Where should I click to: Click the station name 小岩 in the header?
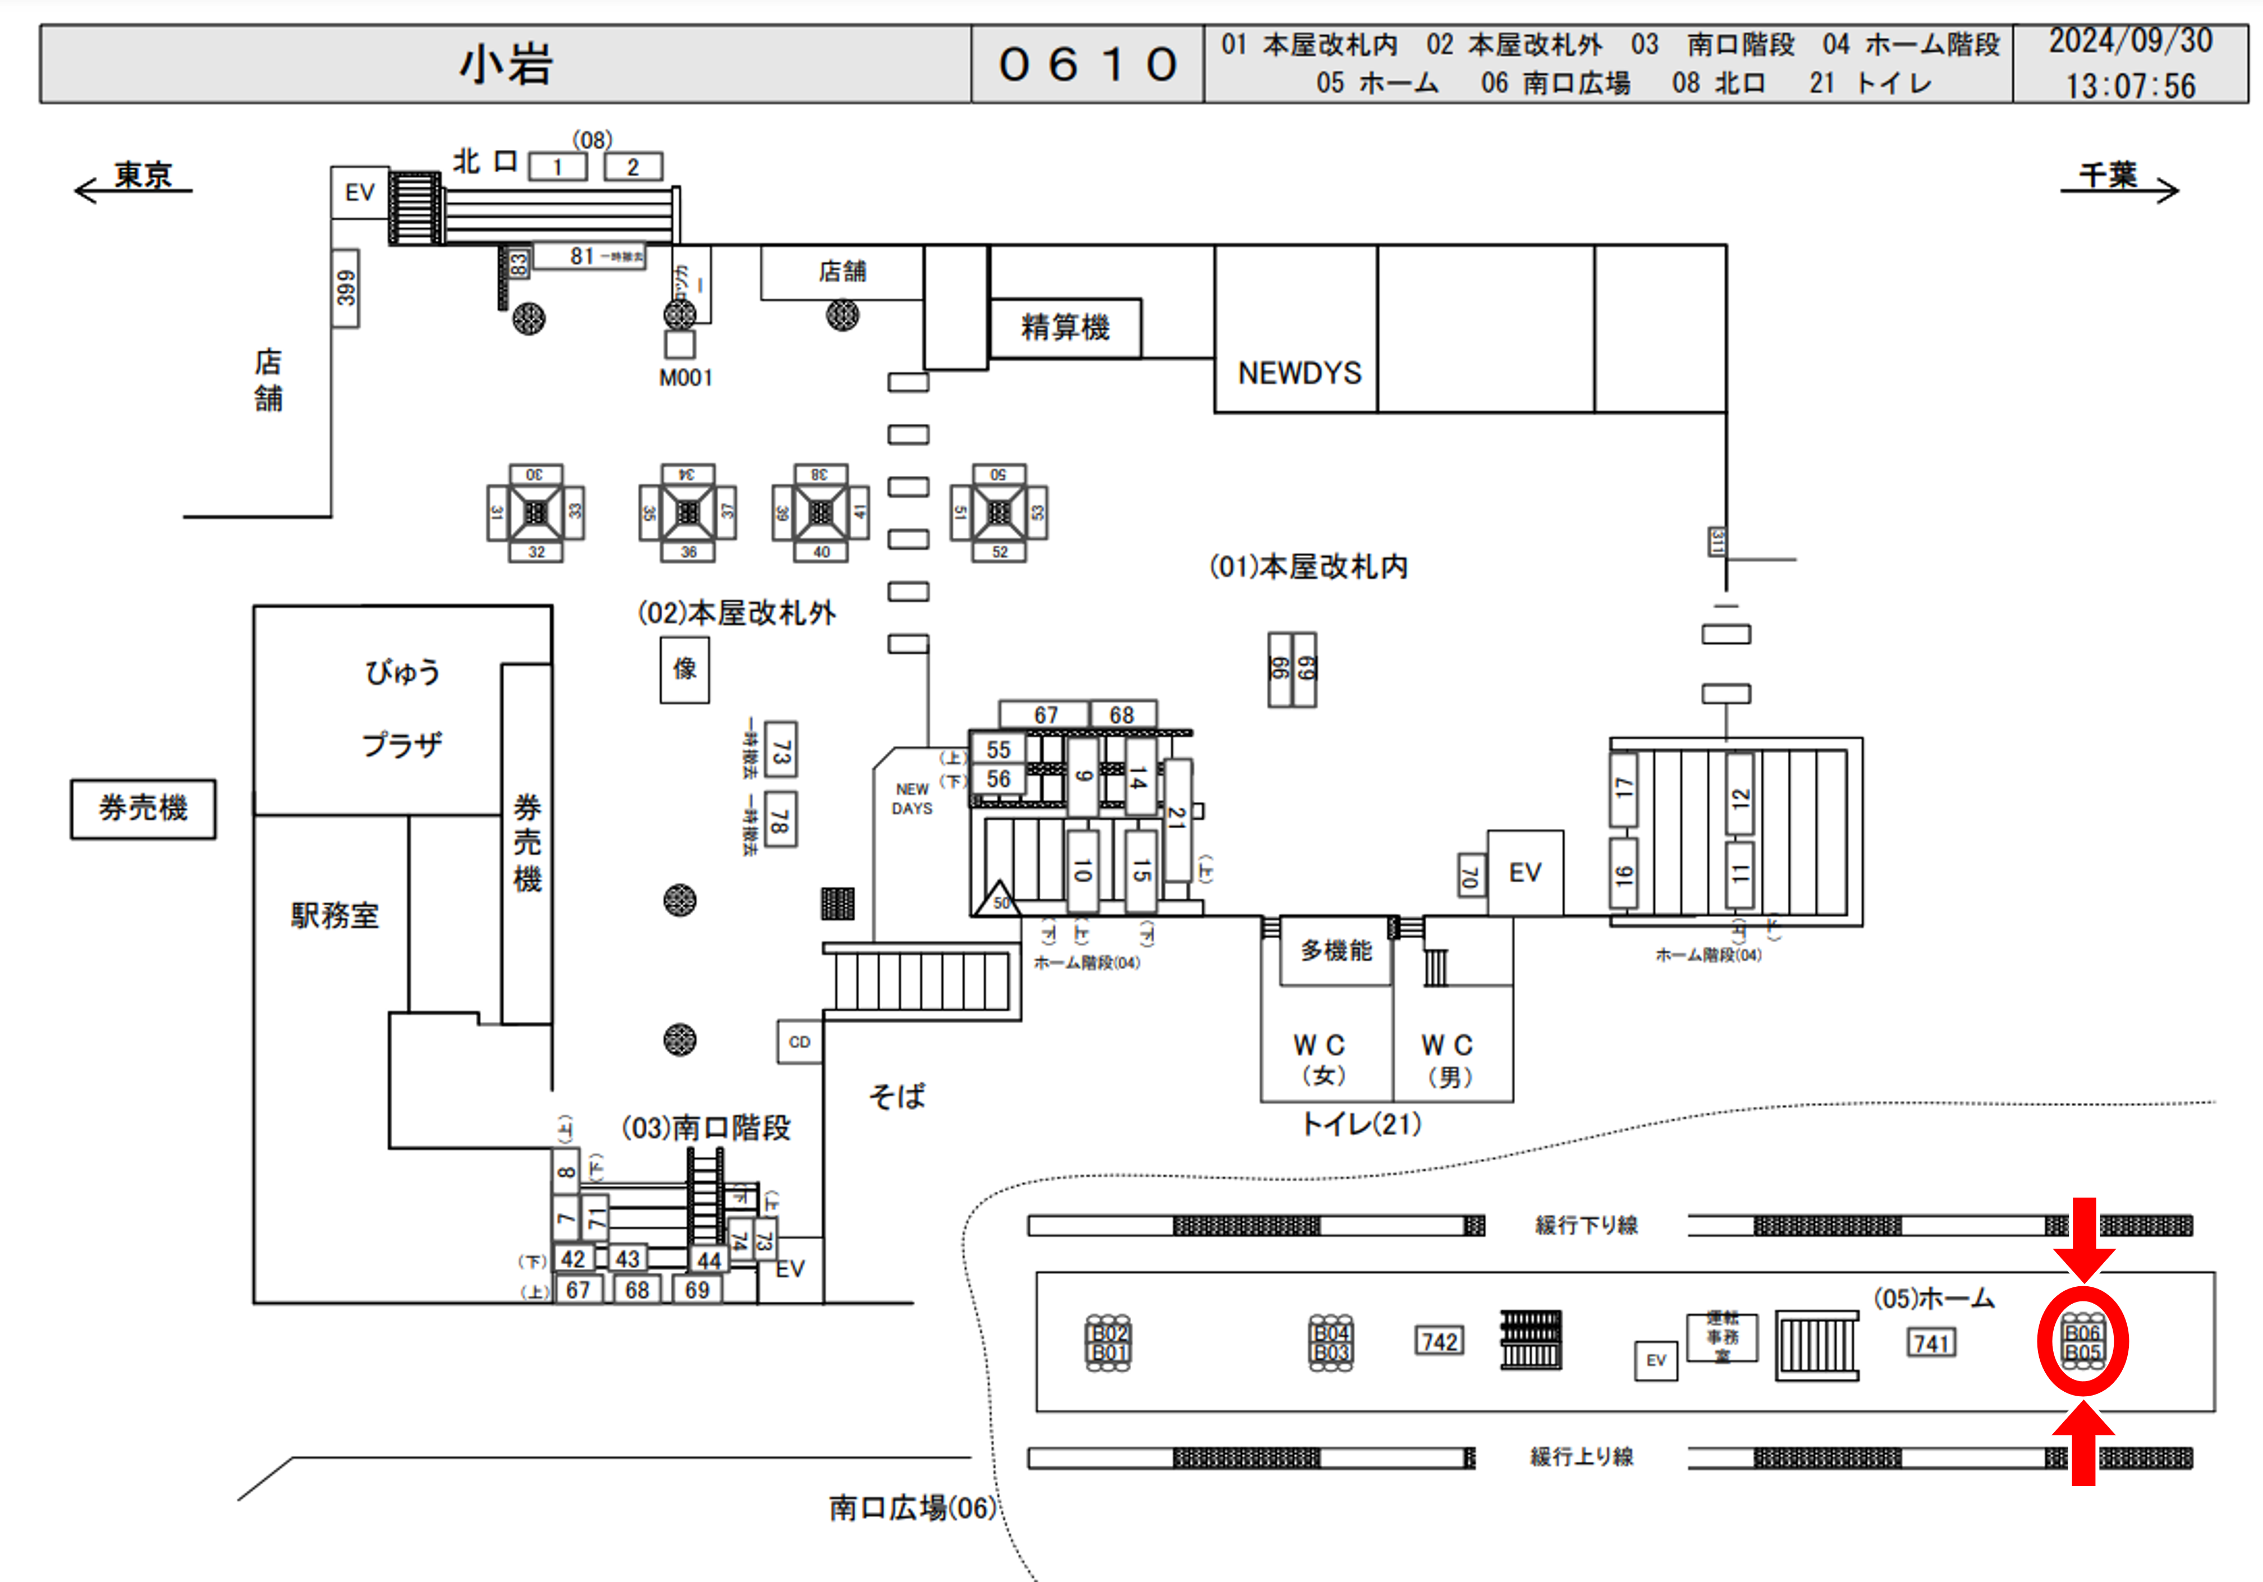(506, 65)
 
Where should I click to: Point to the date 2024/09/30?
(2130, 42)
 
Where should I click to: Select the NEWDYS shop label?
(1299, 374)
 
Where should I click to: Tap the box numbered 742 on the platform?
(1439, 1341)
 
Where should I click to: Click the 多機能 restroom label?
(1335, 950)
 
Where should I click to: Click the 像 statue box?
(684, 670)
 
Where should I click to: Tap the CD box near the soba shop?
(800, 1042)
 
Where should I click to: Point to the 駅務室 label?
(334, 916)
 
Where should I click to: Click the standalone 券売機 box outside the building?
(143, 808)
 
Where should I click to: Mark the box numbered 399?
(345, 288)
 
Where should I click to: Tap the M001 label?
(685, 378)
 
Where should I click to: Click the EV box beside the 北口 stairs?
(359, 192)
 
